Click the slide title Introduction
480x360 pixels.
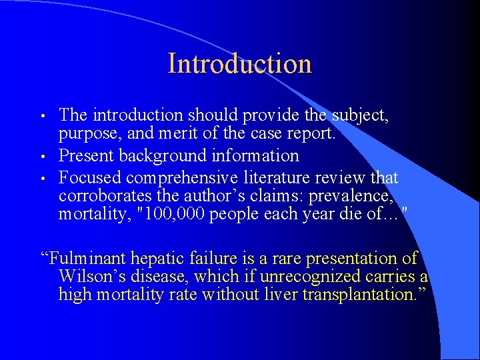click(x=240, y=64)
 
